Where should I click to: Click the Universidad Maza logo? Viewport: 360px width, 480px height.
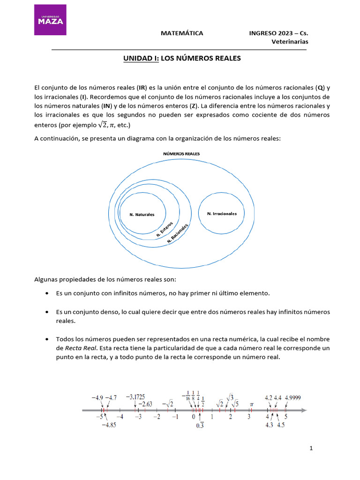50,20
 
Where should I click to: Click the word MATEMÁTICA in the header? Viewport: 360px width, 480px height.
182,33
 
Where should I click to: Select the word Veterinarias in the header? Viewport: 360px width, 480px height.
290,42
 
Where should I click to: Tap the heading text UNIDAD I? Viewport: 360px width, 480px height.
141,59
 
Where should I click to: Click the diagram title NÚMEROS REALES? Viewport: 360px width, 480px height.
181,153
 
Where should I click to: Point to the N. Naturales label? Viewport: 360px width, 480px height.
142,214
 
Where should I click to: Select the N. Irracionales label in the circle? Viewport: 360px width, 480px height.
222,213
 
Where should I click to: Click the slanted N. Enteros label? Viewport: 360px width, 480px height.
165,228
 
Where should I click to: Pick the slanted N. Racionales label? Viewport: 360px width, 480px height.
178,233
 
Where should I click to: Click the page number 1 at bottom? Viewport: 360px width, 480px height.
311,448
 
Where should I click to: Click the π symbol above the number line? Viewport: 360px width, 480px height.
251,404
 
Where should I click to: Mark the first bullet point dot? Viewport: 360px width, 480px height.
47,293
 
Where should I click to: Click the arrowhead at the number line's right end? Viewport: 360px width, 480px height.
304,411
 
